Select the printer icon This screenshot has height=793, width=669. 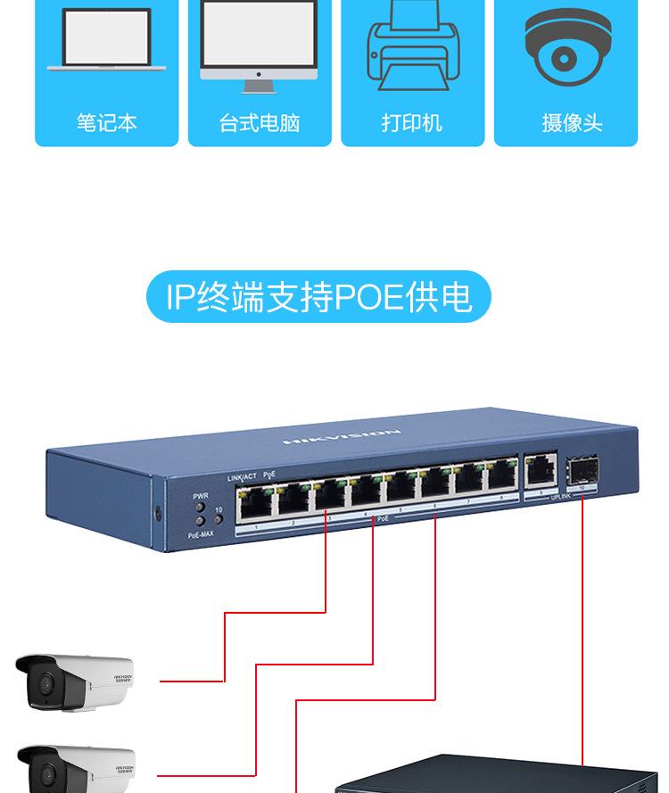411,49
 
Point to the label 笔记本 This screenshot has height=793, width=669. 106,123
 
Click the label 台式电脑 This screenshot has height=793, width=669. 259,123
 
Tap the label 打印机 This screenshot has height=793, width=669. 411,123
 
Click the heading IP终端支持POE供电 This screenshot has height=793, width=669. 318,297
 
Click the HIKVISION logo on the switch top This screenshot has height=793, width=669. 343,437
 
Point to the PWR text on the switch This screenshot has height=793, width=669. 201,496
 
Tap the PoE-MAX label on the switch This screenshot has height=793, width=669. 201,534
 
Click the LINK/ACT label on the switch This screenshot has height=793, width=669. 242,478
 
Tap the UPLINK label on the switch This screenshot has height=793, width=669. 560,496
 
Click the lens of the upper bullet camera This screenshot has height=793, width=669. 40,685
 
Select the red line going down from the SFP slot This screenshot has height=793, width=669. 582,624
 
